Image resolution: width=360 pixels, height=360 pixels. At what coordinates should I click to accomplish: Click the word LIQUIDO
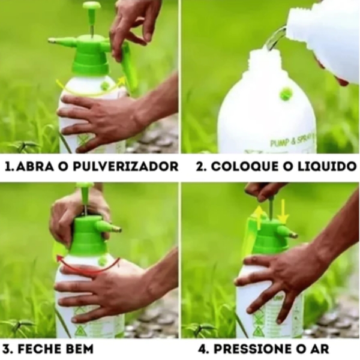point(325,166)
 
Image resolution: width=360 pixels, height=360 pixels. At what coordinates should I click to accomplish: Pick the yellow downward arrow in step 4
point(283,211)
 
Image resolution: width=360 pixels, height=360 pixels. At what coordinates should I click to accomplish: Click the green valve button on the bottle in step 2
point(286,93)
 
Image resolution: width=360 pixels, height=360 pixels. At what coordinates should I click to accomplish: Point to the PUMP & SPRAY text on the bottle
point(292,143)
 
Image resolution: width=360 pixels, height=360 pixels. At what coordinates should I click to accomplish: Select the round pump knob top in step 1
point(92,6)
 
